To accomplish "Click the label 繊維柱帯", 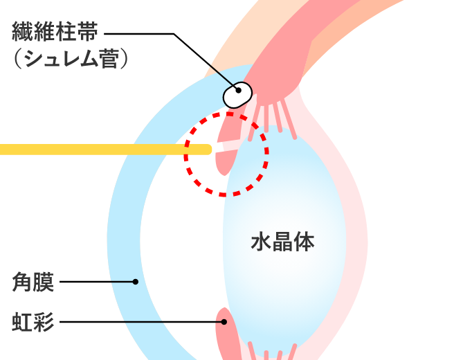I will (55, 32).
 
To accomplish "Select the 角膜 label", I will (33, 282).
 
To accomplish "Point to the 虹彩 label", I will (33, 322).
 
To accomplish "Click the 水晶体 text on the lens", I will (282, 242).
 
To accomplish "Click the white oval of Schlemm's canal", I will (237, 95).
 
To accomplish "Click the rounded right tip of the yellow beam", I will (207, 149).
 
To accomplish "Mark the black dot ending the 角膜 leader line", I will (136, 282).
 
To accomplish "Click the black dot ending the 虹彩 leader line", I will (224, 322).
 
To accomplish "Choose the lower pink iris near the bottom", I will (226, 339).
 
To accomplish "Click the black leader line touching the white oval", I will (222, 75).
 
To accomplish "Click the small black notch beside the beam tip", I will (218, 147).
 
